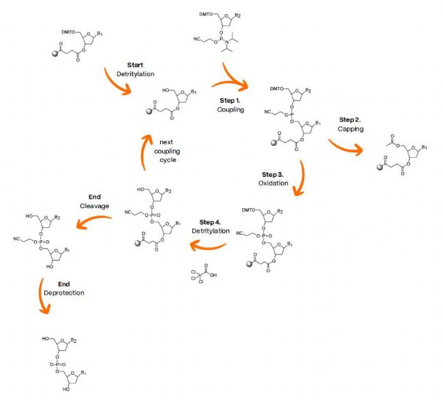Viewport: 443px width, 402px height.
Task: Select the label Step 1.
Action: tap(230, 99)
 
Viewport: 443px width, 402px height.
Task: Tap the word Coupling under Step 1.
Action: tap(230, 109)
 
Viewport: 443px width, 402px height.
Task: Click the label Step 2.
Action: tap(350, 119)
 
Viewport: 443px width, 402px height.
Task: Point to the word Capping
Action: tap(350, 129)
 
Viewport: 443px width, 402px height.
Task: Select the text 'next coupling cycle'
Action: tap(163, 152)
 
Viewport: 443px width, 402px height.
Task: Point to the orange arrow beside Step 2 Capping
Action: tap(345, 148)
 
